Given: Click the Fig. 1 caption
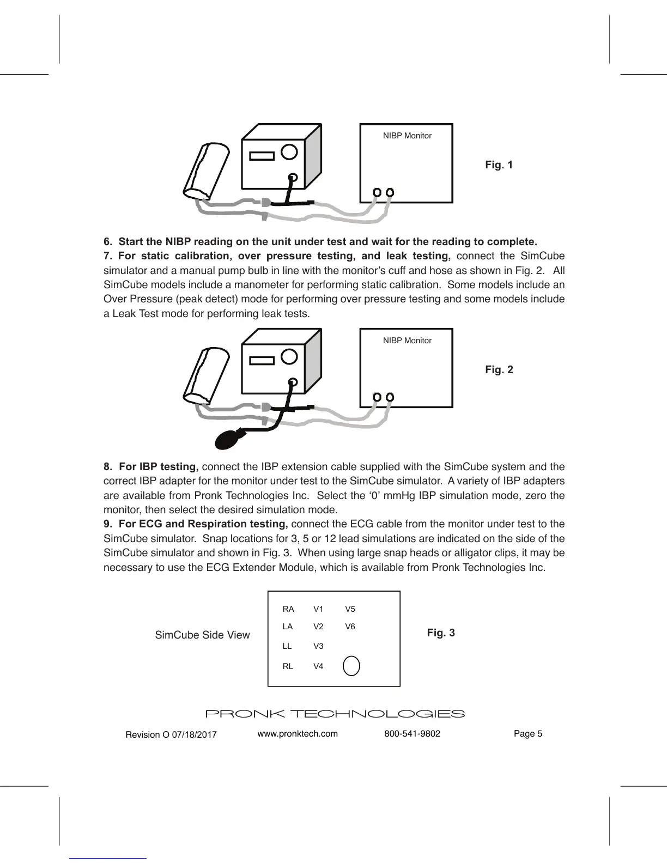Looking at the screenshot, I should (499, 165).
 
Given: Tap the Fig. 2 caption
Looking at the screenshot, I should (499, 369).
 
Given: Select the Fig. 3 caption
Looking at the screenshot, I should (440, 633).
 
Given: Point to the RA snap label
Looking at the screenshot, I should (288, 609).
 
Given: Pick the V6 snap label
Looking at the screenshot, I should (350, 627).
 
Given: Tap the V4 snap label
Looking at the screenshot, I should (318, 666).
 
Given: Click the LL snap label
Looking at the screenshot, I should (287, 646).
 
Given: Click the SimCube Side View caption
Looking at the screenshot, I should (202, 635).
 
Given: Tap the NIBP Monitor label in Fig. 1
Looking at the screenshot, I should (407, 136).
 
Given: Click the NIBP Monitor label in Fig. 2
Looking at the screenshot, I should (407, 341).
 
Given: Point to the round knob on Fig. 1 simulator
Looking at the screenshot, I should (289, 151).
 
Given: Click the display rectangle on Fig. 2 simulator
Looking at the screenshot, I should (262, 361).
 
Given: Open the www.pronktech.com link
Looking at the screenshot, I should (297, 733).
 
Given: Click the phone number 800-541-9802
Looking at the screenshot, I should (412, 733).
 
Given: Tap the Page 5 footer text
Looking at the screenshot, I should (527, 733).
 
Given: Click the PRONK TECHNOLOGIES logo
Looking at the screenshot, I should (334, 714).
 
